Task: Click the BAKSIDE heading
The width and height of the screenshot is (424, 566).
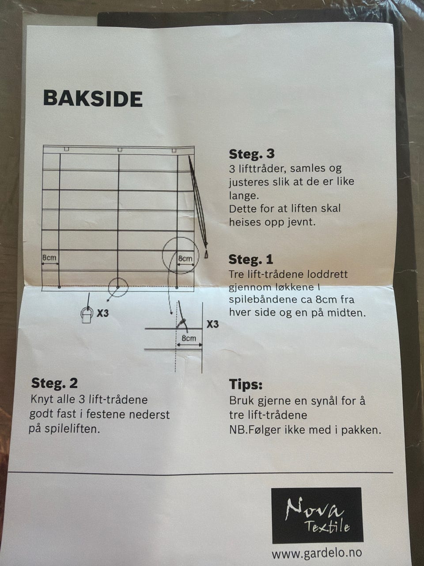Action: [93, 99]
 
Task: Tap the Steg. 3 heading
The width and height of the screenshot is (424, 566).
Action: [252, 154]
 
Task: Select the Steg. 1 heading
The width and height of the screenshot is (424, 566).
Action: [251, 259]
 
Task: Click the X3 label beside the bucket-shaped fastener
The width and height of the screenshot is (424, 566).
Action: [103, 313]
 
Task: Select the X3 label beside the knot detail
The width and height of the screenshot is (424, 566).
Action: [212, 324]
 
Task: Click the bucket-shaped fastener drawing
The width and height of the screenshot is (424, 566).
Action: [87, 315]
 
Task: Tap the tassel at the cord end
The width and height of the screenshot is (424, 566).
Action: [206, 255]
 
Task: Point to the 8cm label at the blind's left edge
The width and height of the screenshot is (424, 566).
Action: [49, 258]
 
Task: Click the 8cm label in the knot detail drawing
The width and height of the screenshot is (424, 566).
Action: [189, 338]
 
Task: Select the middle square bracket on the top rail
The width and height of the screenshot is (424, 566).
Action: [119, 149]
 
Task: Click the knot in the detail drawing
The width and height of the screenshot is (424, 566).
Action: [182, 322]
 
